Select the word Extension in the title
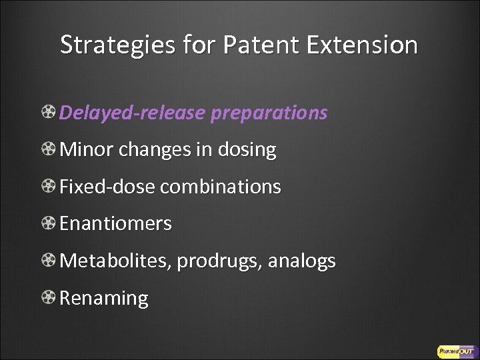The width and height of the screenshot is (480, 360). tap(363, 45)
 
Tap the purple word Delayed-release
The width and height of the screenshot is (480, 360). tap(132, 113)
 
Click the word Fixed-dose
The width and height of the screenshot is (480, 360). tap(107, 187)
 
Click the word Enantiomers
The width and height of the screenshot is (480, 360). tap(115, 223)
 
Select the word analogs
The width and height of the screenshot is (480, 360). tap(301, 261)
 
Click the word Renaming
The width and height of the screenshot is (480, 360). tap(104, 298)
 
